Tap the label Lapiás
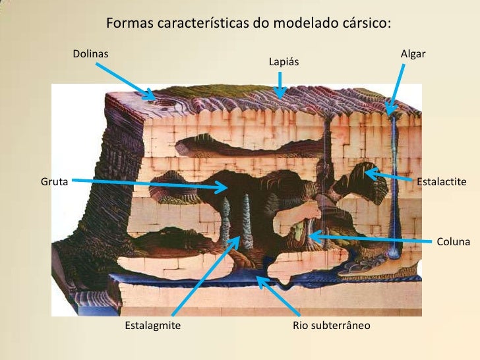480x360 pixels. click(284, 62)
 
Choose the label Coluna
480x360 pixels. click(453, 242)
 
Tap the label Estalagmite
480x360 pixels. click(152, 325)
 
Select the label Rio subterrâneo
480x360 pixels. click(331, 325)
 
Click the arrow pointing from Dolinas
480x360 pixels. click(125, 80)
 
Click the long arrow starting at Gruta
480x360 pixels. click(149, 184)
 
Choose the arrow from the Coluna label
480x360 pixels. click(369, 235)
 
